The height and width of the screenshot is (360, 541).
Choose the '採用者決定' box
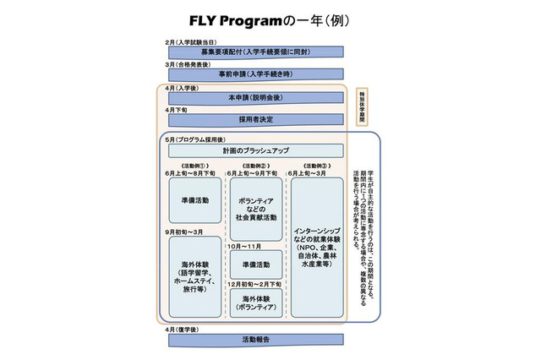[254, 120]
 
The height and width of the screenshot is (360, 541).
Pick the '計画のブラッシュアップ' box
[254, 150]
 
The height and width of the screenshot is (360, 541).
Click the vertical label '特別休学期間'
[362, 106]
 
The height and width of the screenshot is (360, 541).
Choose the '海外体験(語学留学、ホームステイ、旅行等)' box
[196, 273]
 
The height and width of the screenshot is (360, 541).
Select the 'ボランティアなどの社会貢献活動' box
[256, 206]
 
